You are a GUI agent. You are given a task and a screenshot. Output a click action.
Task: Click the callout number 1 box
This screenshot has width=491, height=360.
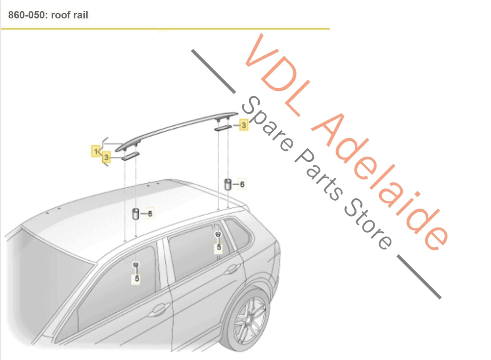(96, 151)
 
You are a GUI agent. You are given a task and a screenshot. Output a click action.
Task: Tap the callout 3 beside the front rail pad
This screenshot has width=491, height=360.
(106, 157)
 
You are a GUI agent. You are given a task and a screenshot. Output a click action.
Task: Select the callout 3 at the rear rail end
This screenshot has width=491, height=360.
(244, 125)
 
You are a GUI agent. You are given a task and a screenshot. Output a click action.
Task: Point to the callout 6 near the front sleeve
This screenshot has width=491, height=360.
(150, 214)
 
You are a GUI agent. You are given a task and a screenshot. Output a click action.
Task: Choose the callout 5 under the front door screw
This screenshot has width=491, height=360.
(137, 279)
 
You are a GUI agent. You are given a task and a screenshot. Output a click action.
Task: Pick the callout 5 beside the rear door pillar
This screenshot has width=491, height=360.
(219, 247)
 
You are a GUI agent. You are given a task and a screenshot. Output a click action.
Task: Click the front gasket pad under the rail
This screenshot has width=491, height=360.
(130, 156)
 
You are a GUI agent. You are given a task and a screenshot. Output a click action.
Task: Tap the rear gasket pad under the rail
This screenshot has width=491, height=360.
(223, 128)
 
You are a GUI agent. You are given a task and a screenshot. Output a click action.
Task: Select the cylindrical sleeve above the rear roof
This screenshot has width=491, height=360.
(228, 184)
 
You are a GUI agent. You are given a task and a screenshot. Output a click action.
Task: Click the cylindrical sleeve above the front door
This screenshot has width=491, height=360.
(136, 214)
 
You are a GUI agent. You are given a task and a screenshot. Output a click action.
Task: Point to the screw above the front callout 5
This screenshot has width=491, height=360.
(136, 265)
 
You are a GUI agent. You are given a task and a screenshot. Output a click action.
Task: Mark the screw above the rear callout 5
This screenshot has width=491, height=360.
(218, 235)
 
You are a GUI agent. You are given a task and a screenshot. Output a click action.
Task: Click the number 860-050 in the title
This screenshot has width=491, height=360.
(26, 15)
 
